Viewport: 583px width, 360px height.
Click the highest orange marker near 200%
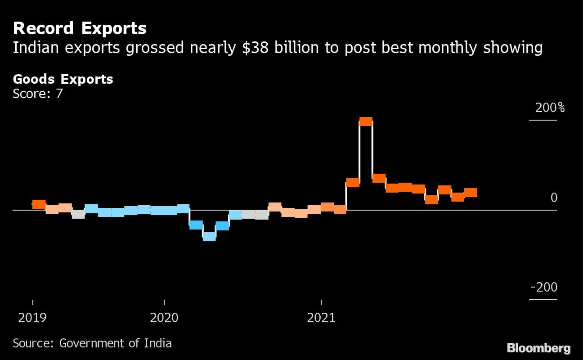[366, 121]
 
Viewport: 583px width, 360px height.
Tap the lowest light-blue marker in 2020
[209, 237]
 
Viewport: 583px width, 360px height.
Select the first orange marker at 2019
[39, 204]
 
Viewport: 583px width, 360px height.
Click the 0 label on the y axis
[554, 198]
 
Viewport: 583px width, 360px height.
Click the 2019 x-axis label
[32, 318]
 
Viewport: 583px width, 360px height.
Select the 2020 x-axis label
[164, 318]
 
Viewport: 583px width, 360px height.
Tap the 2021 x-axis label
[321, 318]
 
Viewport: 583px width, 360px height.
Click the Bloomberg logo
[538, 348]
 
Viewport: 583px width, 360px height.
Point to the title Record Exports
[80, 28]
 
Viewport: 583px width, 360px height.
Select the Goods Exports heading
[63, 79]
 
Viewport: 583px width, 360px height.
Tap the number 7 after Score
[59, 94]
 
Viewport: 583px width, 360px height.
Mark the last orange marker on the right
[471, 193]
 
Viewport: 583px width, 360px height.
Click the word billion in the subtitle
[291, 48]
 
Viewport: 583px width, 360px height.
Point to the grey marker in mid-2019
[78, 214]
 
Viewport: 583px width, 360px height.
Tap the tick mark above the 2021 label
[321, 302]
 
